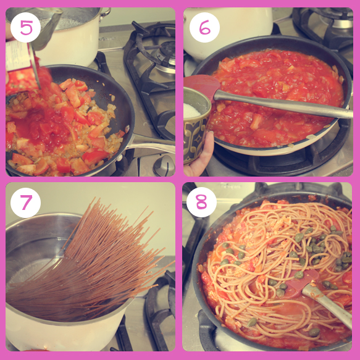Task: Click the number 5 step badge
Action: (x=25, y=28)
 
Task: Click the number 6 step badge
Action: (x=204, y=28)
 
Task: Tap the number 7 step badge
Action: (x=25, y=203)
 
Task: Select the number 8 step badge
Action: (x=201, y=203)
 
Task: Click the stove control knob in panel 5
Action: (x=164, y=165)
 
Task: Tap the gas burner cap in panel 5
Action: (x=165, y=55)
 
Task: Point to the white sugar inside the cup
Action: (x=191, y=111)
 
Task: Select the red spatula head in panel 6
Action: (x=202, y=86)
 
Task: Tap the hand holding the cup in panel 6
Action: (x=199, y=156)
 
